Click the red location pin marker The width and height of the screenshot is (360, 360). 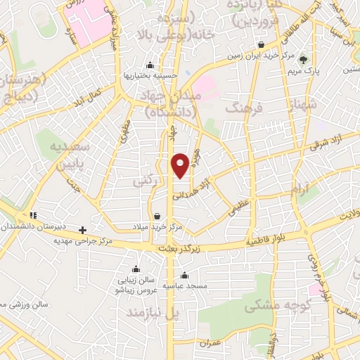pyautogui.click(x=181, y=165)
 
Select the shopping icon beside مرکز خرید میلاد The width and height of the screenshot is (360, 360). pyautogui.click(x=156, y=216)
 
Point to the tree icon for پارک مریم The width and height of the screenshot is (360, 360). pyautogui.click(x=304, y=60)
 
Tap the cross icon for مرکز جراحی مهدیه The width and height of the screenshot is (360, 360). pyautogui.click(x=83, y=230)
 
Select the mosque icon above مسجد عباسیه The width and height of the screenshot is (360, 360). pyautogui.click(x=184, y=275)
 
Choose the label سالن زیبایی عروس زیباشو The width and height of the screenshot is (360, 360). pyautogui.click(x=136, y=283)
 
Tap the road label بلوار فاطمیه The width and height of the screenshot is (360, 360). pyautogui.click(x=265, y=240)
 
